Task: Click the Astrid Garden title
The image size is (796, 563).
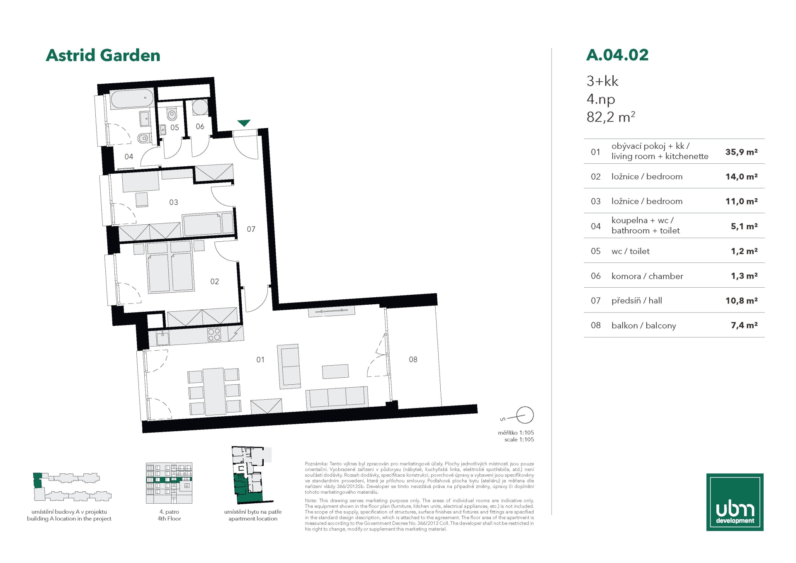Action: [x=103, y=56]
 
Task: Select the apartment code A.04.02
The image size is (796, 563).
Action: [x=617, y=55]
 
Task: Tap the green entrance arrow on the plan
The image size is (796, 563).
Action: [x=244, y=123]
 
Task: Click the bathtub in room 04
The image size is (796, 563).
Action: [x=132, y=98]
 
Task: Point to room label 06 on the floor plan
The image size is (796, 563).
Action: [x=200, y=126]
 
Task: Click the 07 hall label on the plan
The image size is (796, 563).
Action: [x=251, y=229]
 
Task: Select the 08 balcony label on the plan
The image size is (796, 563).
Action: [x=413, y=359]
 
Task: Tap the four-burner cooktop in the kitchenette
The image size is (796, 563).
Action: [x=214, y=335]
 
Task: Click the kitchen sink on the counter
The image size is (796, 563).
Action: [x=163, y=338]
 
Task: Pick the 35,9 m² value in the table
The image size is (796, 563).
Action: [x=741, y=152]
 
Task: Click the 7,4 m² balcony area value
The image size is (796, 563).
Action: [x=744, y=325]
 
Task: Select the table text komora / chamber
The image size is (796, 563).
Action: [x=647, y=276]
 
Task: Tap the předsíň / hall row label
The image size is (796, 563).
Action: [x=636, y=301]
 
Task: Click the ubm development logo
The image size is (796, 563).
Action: [x=735, y=502]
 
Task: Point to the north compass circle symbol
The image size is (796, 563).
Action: [x=525, y=415]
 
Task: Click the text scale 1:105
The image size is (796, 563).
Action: [x=519, y=439]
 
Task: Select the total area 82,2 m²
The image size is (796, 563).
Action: [x=611, y=117]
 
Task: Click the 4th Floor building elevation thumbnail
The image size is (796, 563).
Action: [x=169, y=483]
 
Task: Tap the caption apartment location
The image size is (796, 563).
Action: [x=253, y=519]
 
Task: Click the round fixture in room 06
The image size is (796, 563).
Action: [x=200, y=107]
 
